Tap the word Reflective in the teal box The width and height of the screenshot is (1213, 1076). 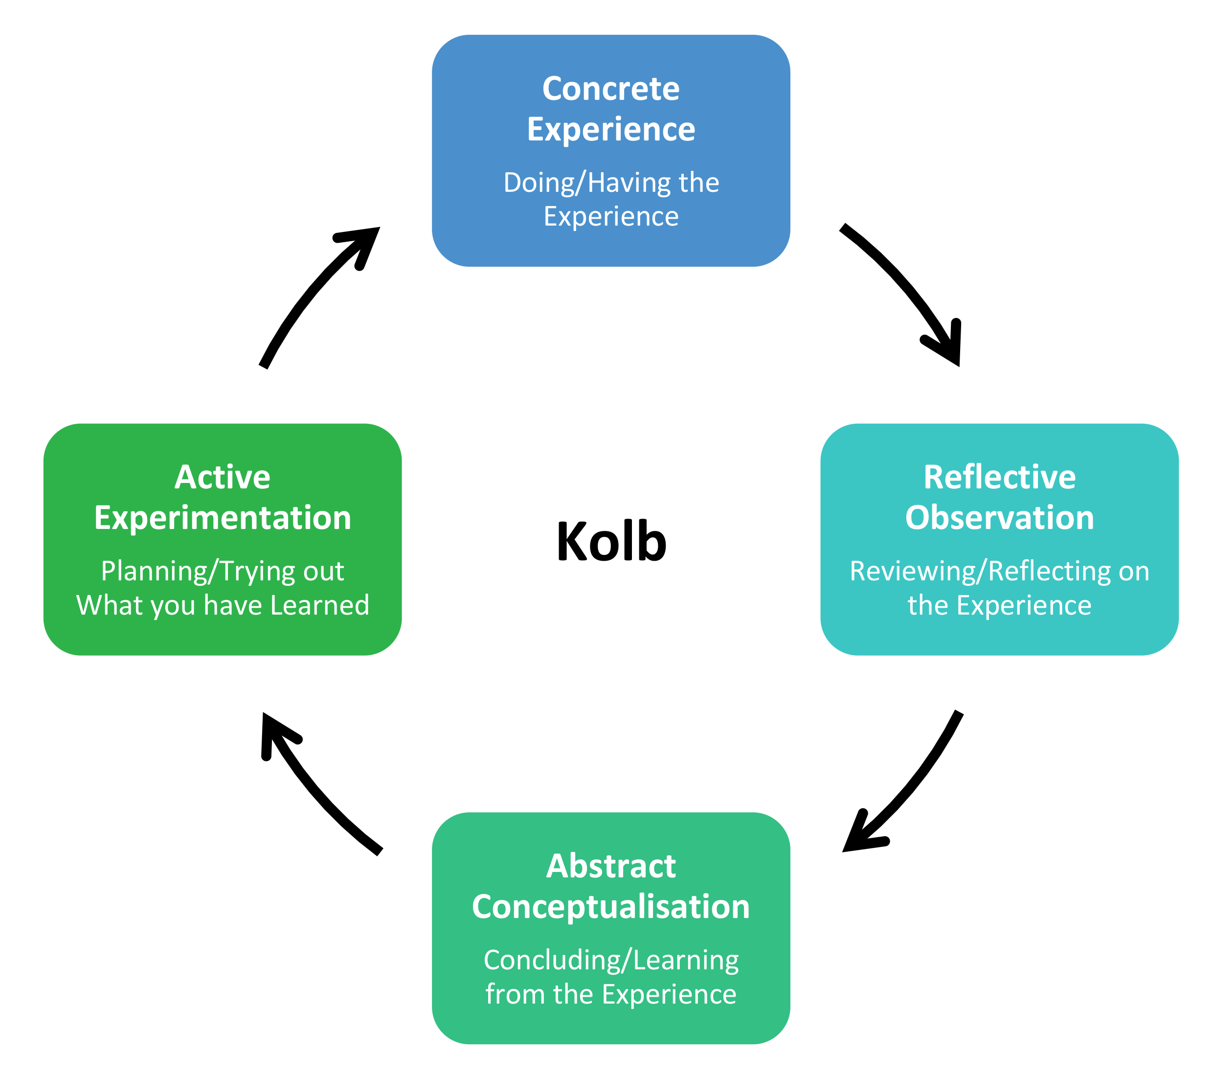(999, 478)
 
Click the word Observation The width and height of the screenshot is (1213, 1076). (999, 518)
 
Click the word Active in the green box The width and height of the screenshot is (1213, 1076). (223, 478)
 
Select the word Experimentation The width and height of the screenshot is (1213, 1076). (223, 518)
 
